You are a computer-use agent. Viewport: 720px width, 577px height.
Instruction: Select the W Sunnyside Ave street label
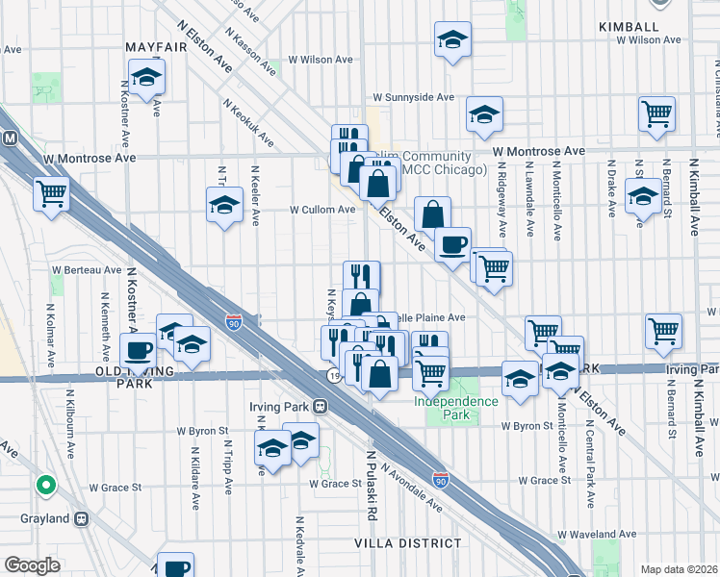(x=413, y=97)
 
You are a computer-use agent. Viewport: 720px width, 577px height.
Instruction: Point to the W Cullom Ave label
(x=323, y=209)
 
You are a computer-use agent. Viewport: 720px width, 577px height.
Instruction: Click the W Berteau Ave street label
(x=87, y=271)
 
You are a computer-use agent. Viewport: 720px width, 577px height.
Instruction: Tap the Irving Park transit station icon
(x=320, y=407)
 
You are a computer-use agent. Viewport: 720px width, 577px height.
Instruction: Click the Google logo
(x=32, y=565)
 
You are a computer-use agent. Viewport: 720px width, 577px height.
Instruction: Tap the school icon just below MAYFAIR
(x=146, y=77)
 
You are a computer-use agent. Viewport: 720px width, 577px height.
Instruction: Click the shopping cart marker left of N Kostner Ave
(x=51, y=192)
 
